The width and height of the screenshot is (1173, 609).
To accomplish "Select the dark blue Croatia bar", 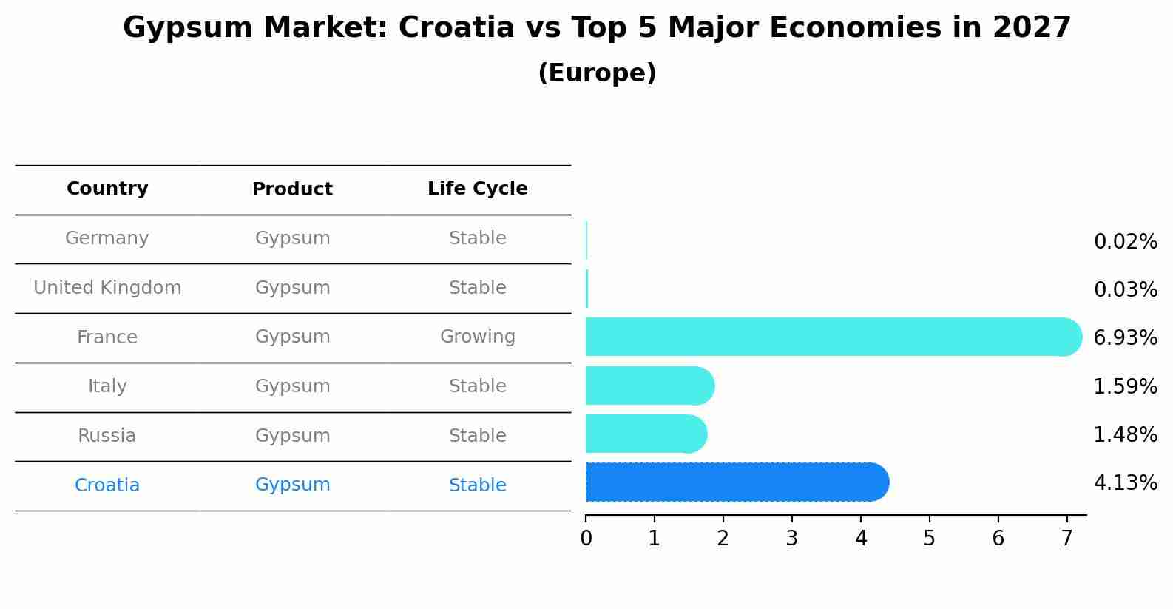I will coord(736,482).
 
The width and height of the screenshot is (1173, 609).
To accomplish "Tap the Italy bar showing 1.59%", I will coord(649,386).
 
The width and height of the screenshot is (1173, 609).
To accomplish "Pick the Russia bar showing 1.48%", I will coord(646,434).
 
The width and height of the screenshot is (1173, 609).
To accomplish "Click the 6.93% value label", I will coord(1125,338).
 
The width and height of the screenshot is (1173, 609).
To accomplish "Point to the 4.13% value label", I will coord(1125,483).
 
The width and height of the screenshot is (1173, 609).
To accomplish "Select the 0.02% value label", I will coord(1125,242).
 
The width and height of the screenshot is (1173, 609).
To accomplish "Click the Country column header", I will coord(107,189).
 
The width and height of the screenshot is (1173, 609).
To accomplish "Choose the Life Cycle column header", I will coord(477,189).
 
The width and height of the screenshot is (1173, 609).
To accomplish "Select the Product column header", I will coord(292,189).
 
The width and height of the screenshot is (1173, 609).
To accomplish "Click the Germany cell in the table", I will coord(107,238).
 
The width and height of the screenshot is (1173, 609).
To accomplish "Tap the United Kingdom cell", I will coord(107,288).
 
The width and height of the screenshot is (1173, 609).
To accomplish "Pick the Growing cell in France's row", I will coord(477,337).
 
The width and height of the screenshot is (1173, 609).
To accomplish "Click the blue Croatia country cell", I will coord(107,485).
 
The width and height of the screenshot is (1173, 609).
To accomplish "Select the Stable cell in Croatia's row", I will coord(477,485).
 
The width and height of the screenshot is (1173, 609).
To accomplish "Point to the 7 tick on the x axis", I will coord(1066,539).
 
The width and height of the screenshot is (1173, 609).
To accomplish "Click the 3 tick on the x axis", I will coord(791,539).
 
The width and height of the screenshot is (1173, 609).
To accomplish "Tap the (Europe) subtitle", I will coord(597,73).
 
